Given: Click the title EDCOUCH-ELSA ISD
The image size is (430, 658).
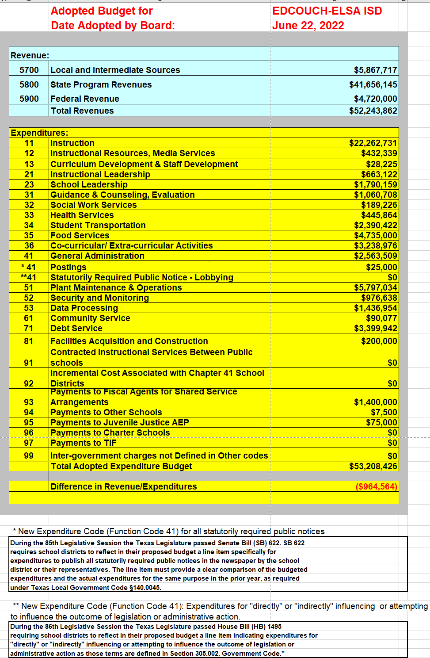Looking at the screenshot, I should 327,11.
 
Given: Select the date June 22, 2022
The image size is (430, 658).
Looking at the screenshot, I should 308,25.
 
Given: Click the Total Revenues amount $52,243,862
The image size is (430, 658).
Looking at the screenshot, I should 373,111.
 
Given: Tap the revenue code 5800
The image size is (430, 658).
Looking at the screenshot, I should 29,84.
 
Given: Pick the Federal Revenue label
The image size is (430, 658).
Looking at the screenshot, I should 85,99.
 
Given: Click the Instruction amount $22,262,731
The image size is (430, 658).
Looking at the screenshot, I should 373,143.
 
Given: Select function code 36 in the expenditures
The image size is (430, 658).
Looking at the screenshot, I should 29,245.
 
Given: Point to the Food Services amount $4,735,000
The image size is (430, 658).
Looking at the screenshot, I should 375,235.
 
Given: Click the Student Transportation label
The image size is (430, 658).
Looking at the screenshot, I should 98,225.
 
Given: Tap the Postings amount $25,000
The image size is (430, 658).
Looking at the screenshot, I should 381,267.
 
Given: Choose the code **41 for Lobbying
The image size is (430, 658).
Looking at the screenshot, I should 29,277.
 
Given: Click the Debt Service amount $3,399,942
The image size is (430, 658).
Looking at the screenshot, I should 375,328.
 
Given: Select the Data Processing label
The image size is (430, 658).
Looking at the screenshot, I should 84,308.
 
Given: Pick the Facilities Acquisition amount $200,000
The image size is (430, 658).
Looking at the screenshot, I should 379,341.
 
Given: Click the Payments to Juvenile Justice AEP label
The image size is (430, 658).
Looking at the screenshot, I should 120,422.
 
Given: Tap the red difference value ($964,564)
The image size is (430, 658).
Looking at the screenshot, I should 376,486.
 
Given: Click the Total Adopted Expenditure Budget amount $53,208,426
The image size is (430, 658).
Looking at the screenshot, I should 373,466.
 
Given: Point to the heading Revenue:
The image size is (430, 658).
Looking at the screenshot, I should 30,55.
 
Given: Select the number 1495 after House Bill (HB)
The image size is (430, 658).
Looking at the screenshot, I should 274,627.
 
